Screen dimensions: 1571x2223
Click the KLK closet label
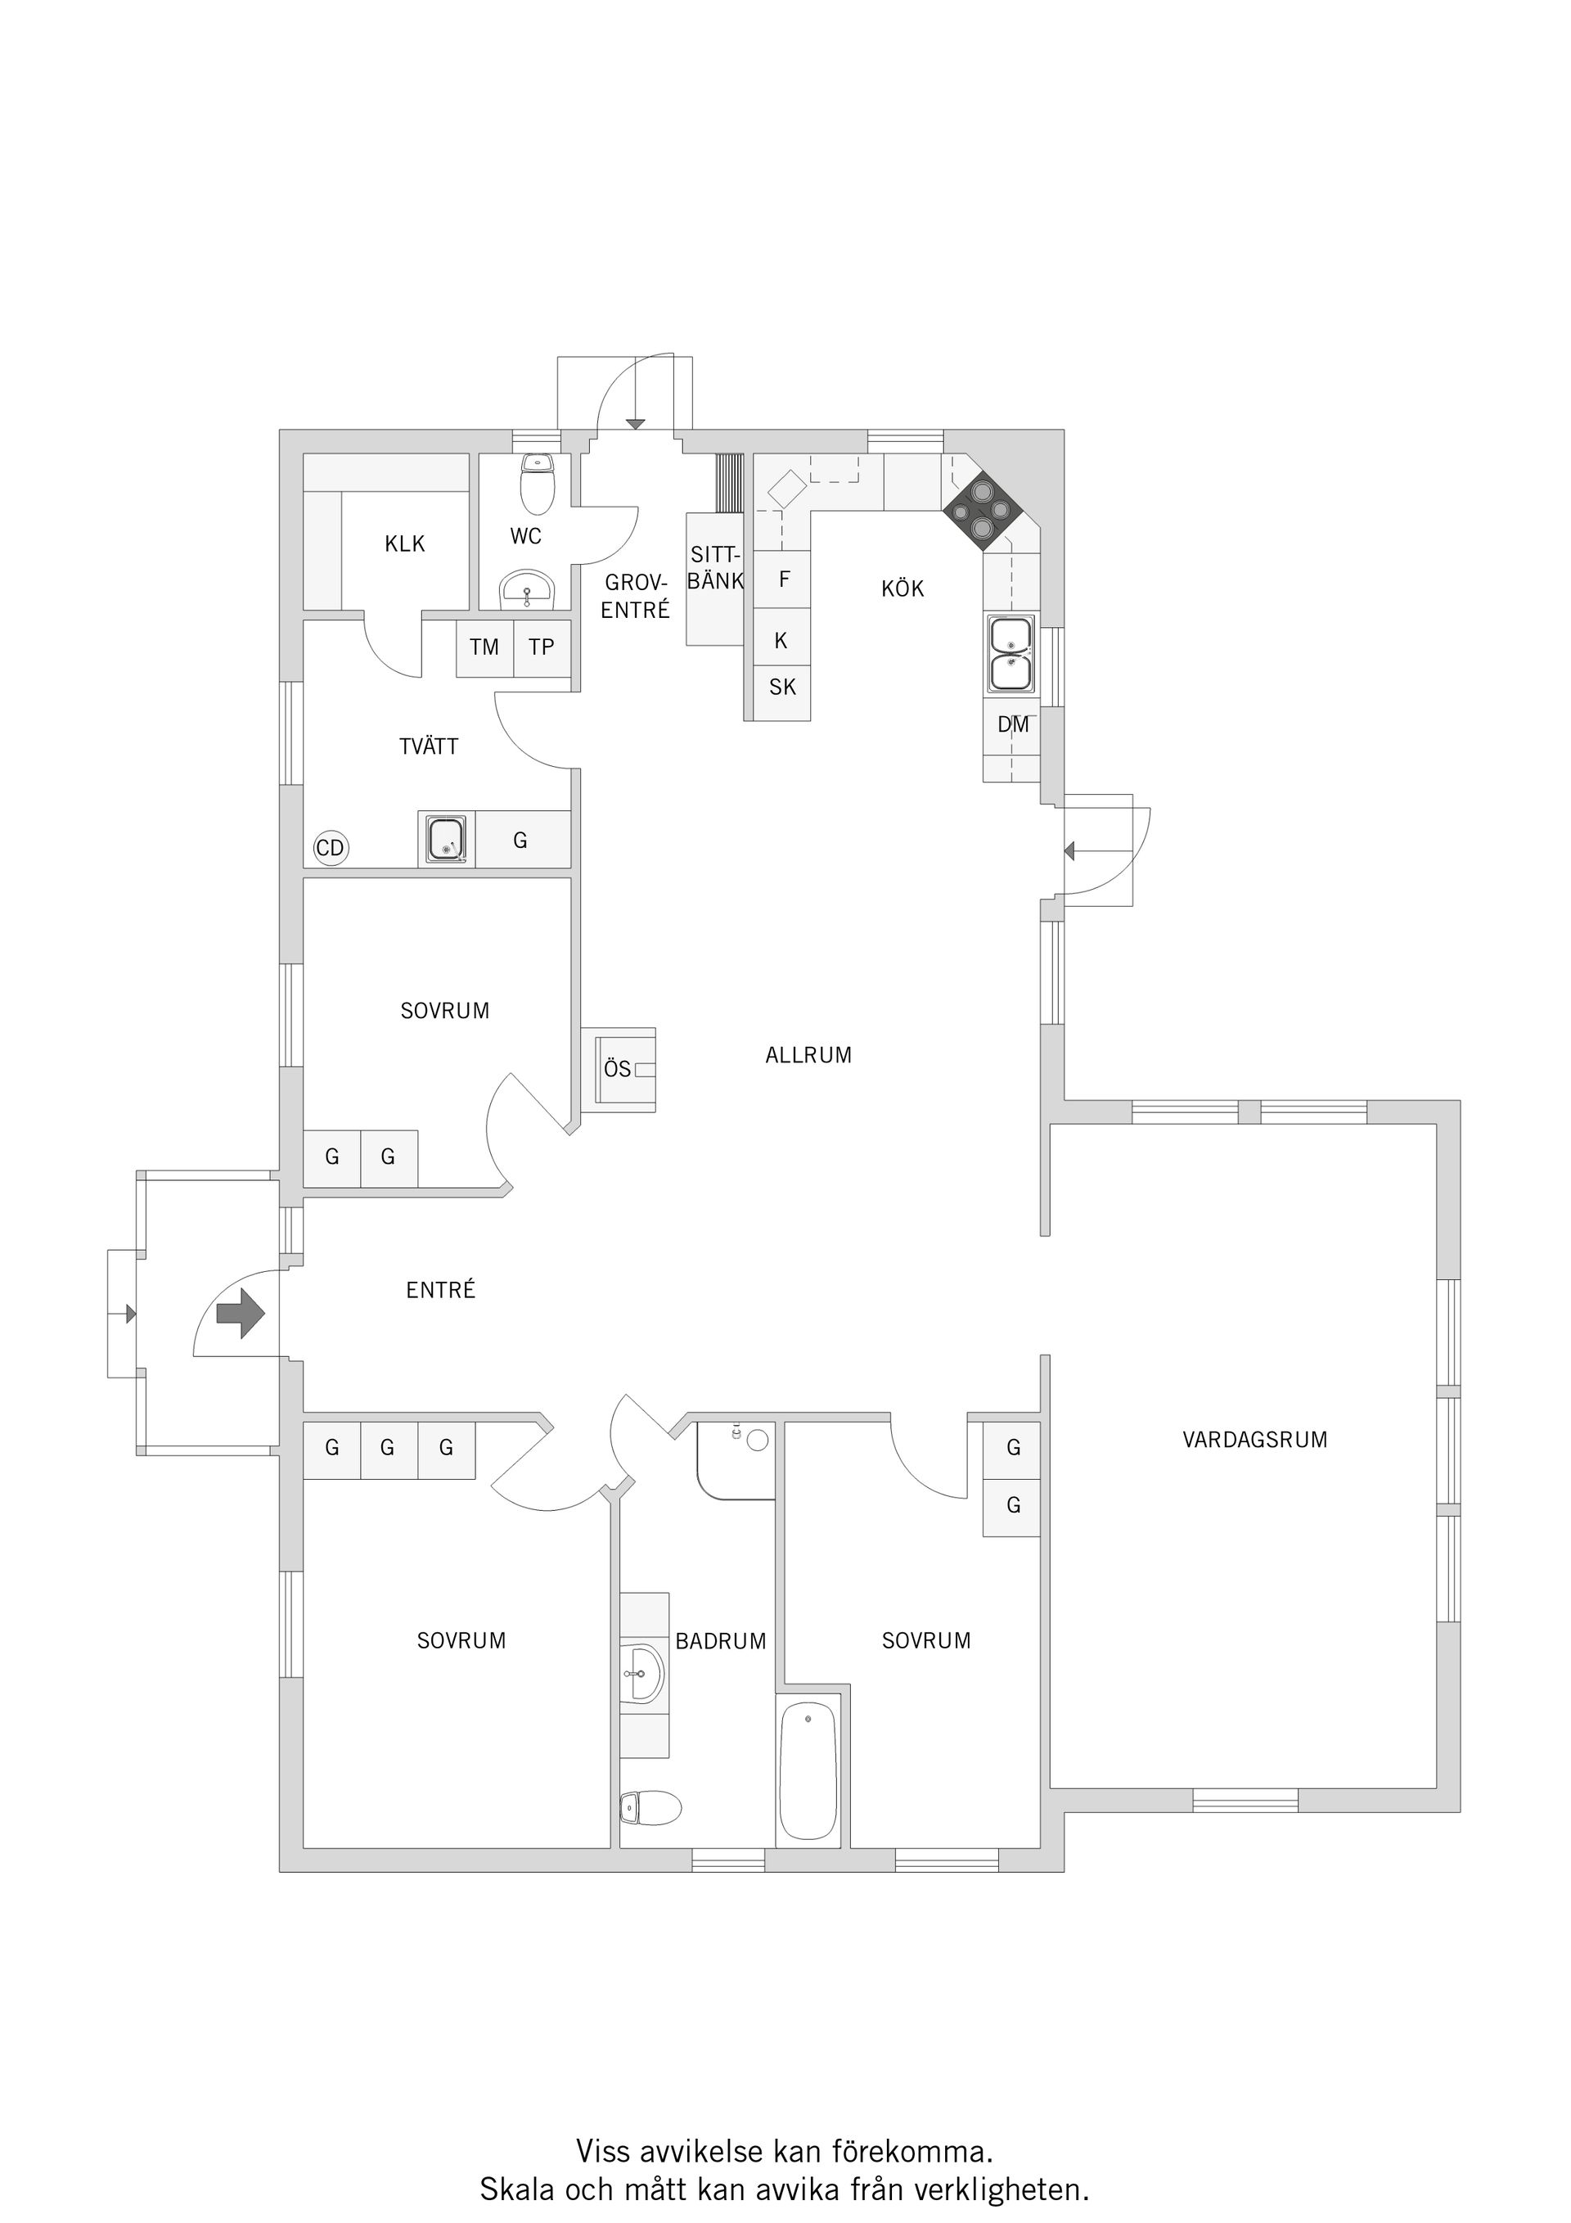404,544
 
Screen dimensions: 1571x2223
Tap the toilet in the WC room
538,483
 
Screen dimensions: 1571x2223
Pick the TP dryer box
542,647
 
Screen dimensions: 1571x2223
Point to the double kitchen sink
1011,655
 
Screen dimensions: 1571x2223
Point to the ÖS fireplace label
618,1069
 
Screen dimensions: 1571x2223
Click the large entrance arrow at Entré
240,1314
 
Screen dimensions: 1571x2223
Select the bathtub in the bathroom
808,1772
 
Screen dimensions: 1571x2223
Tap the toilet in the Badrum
650,1808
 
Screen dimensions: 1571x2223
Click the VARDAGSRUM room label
1254,1440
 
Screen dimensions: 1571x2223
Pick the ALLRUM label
808,1055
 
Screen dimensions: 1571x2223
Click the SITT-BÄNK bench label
715,568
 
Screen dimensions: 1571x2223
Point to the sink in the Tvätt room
446,838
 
